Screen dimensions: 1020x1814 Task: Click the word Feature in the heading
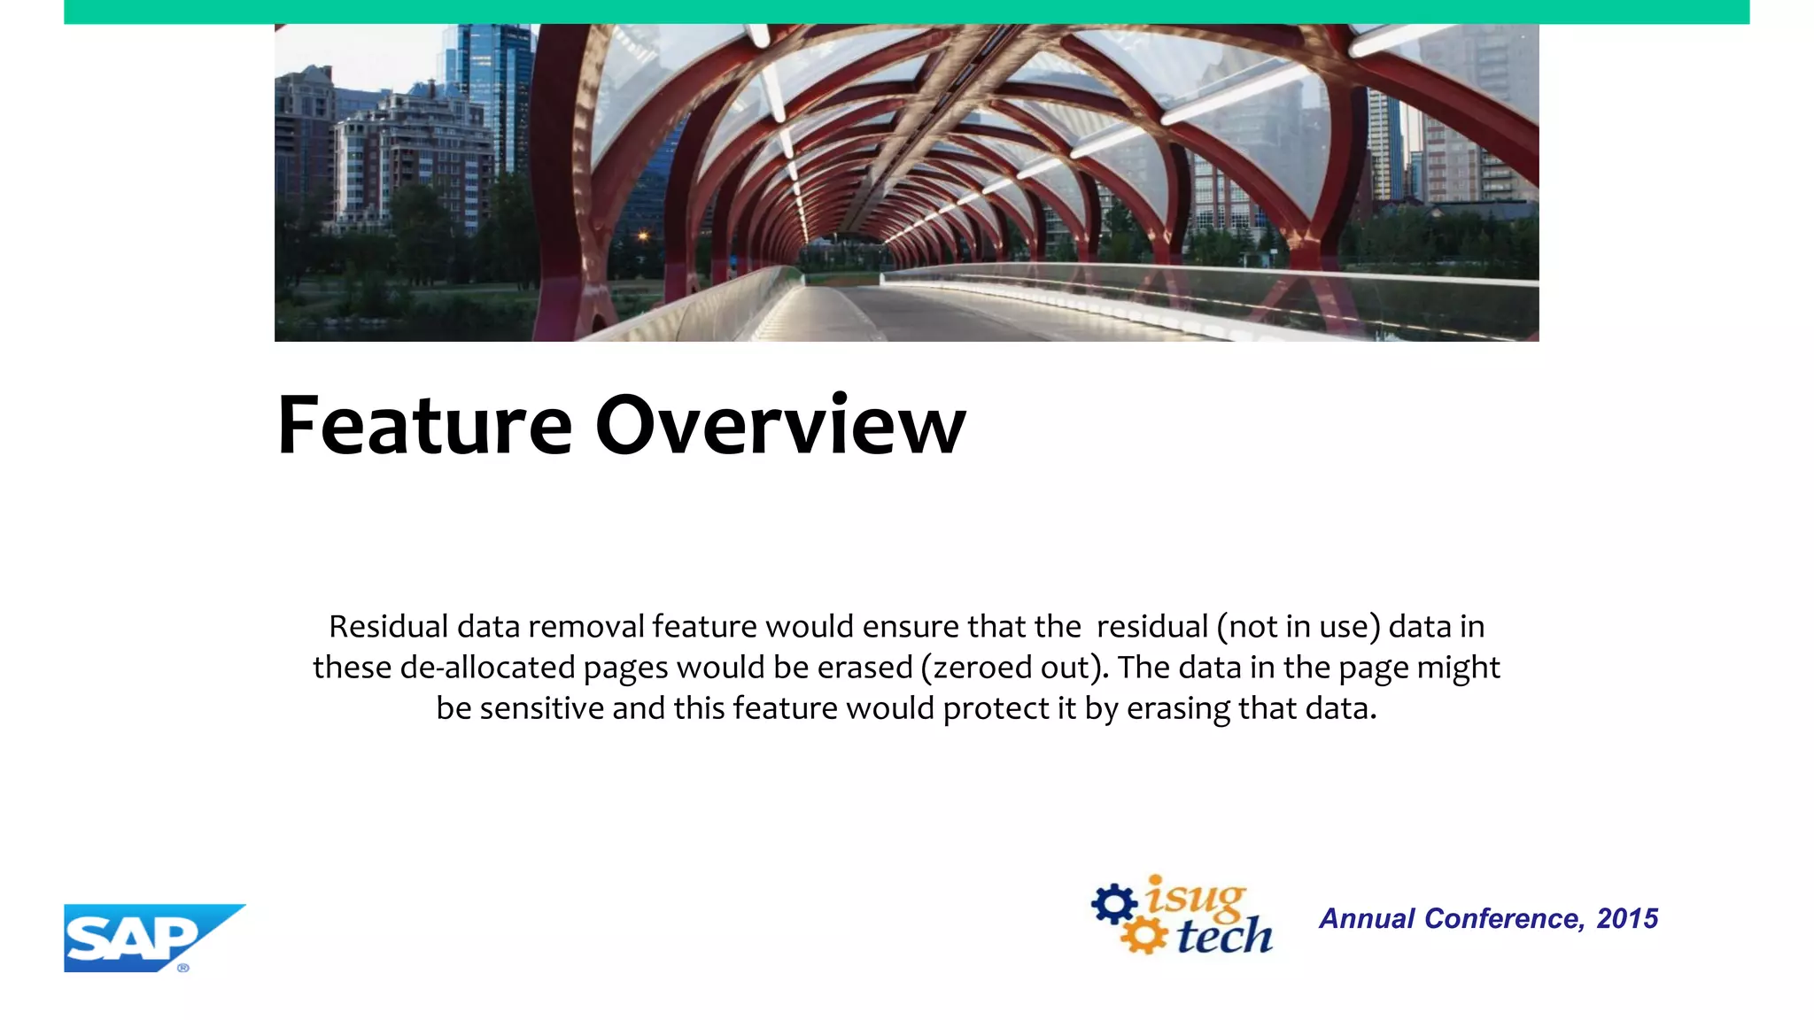click(425, 426)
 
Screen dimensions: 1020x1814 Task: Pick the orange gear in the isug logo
click(1144, 937)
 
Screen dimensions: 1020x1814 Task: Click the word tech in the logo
click(1225, 935)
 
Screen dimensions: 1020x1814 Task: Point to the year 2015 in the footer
click(1627, 919)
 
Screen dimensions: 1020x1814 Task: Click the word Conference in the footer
click(1504, 919)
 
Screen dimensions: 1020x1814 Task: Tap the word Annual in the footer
click(1367, 919)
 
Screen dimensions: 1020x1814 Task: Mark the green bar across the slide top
click(906, 12)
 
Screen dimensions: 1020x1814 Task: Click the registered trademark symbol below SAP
click(183, 968)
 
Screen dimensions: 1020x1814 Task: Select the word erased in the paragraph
click(864, 668)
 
